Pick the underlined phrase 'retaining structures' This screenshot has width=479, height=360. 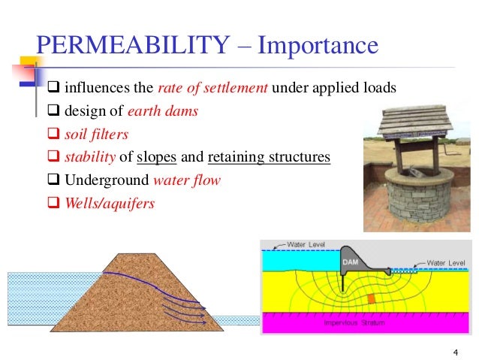click(x=268, y=158)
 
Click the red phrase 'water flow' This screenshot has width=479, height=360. click(x=187, y=181)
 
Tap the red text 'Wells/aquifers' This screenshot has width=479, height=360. click(x=109, y=204)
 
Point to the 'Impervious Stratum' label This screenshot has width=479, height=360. click(x=354, y=323)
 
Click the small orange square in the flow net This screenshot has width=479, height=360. click(x=371, y=299)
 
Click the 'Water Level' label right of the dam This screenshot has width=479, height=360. click(x=446, y=262)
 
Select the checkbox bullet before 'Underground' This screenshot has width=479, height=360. click(x=53, y=181)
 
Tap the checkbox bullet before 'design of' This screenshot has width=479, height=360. click(x=53, y=111)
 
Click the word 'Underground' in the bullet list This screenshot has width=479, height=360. click(x=106, y=181)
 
